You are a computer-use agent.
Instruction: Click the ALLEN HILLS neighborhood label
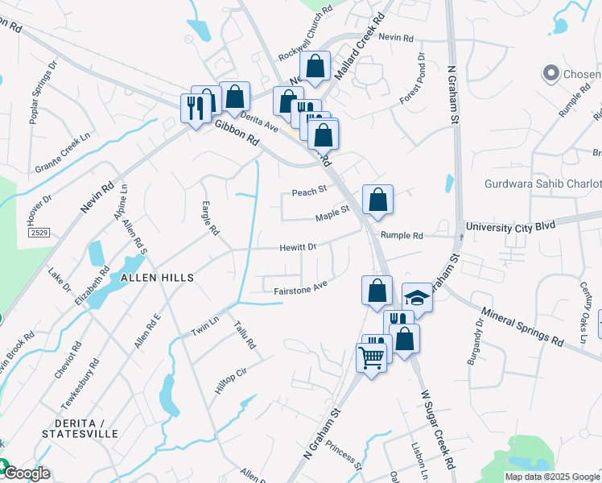(x=157, y=277)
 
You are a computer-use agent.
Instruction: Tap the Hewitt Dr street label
(x=299, y=247)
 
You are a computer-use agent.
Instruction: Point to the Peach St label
(x=308, y=192)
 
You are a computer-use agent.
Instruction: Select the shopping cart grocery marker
(x=371, y=358)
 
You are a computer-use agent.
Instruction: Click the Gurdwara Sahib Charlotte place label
(x=542, y=184)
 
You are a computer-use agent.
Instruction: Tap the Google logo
(x=26, y=473)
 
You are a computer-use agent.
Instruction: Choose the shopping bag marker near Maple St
(x=377, y=200)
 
